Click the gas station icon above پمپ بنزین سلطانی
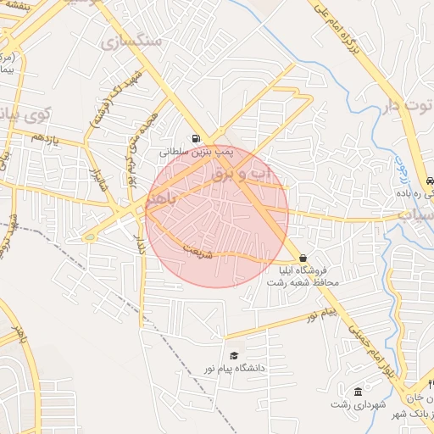197,138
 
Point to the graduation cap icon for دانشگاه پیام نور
234,355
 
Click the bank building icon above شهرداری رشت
358,392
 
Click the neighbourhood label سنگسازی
124,40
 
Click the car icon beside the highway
431,181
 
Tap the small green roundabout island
89,237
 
